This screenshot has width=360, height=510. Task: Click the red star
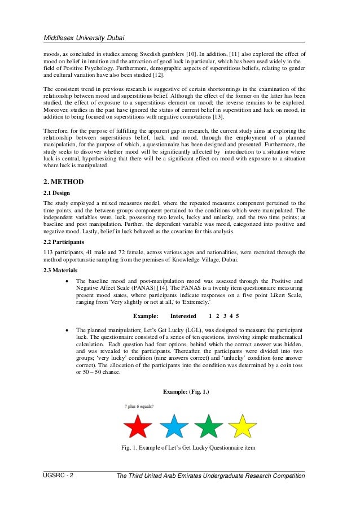(138, 426)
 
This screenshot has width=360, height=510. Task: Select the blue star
(174, 426)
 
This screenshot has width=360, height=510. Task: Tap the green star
(209, 426)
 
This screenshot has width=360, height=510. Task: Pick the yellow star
(243, 426)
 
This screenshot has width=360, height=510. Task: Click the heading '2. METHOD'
(64, 182)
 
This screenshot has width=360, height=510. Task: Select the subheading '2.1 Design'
(58, 193)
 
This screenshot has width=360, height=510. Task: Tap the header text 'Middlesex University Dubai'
(84, 38)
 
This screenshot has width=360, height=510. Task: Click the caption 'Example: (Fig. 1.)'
(186, 391)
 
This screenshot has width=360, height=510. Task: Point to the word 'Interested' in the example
(183, 316)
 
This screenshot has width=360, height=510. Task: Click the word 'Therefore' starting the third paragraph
(57, 130)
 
